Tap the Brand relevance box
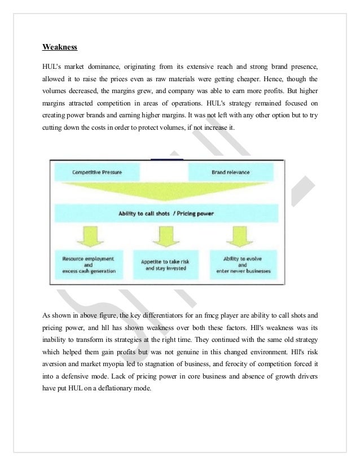point(231,171)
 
